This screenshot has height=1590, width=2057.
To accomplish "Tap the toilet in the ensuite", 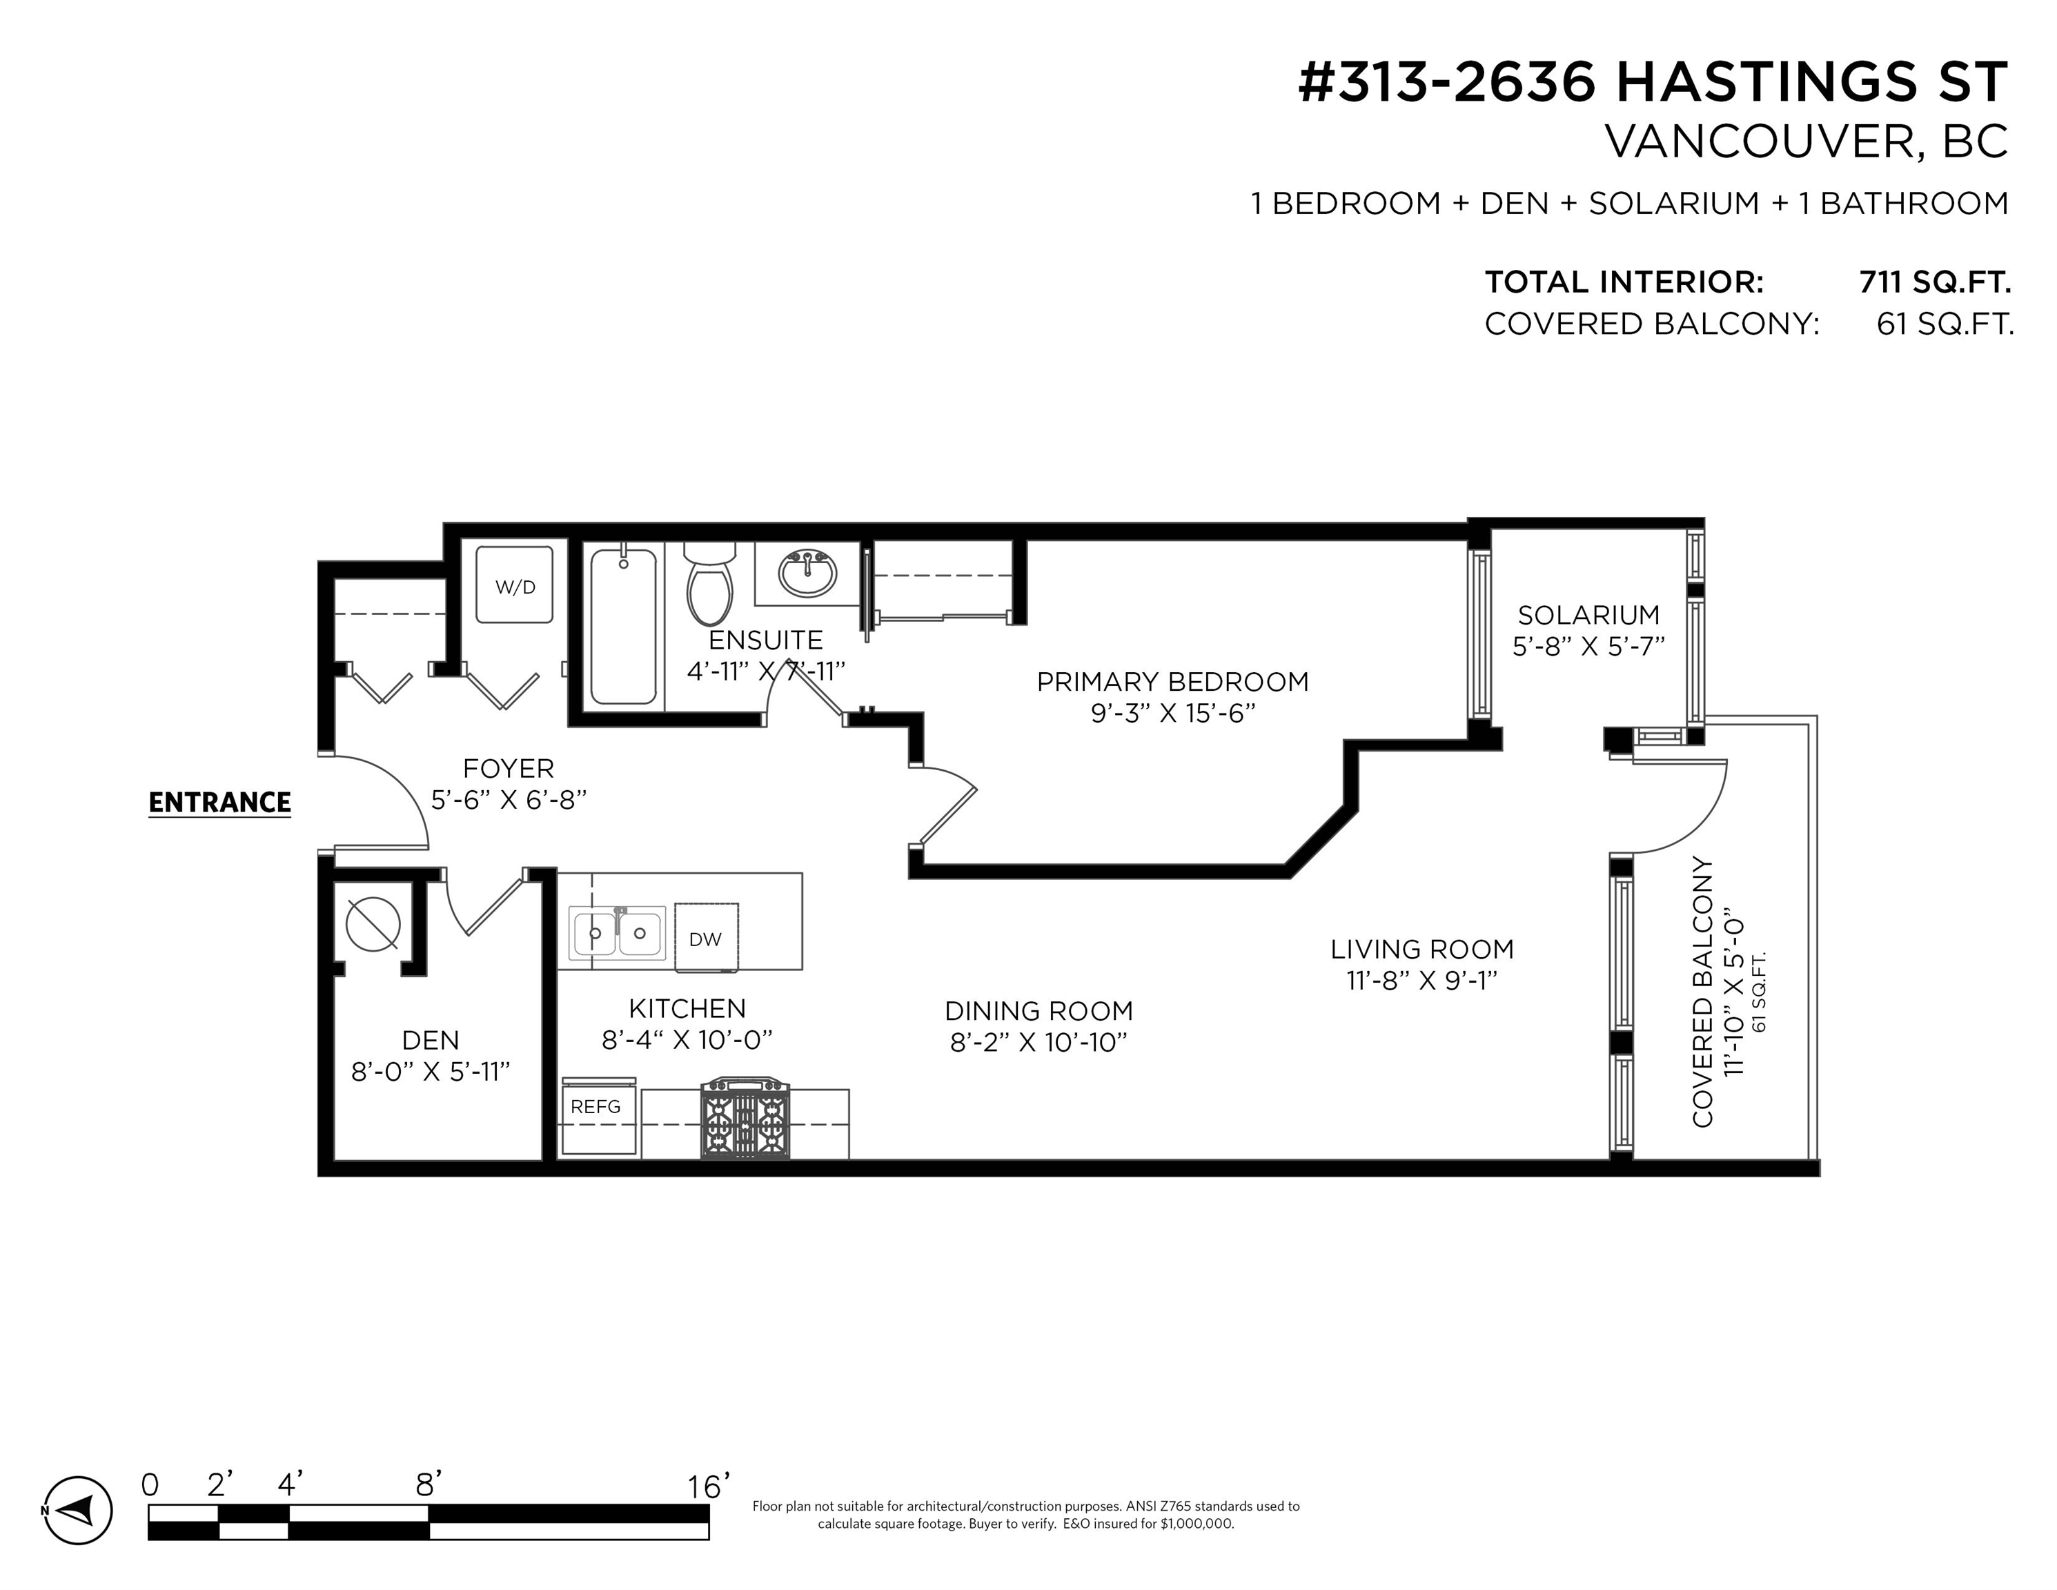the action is pyautogui.click(x=709, y=583).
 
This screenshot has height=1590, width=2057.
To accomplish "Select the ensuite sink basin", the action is pyautogui.click(x=807, y=573).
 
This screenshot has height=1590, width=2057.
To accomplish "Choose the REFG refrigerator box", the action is pyautogui.click(x=598, y=1117).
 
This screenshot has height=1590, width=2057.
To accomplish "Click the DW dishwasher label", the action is pyautogui.click(x=705, y=939).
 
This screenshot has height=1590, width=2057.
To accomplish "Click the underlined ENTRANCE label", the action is pyautogui.click(x=219, y=803).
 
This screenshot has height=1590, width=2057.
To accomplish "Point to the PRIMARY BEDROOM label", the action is pyautogui.click(x=1172, y=682).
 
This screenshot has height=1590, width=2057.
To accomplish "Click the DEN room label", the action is pyautogui.click(x=431, y=1040).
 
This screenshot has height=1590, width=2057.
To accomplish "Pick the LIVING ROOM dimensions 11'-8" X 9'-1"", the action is pyautogui.click(x=1422, y=981).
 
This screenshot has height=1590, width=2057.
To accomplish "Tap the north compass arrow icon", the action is pyautogui.click(x=79, y=1510).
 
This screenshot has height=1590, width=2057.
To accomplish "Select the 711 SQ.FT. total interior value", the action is pyautogui.click(x=1936, y=282).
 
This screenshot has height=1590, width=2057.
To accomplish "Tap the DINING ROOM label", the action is pyautogui.click(x=1039, y=1011).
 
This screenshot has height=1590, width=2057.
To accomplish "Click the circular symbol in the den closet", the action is pyautogui.click(x=373, y=924).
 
